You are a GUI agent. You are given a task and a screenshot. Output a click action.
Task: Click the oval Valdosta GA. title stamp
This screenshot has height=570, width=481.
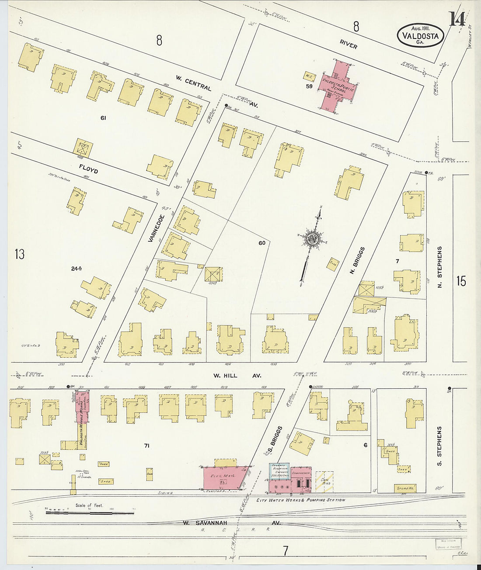[x=420, y=35]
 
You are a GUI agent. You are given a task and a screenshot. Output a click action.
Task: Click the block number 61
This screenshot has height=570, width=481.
[x=103, y=117]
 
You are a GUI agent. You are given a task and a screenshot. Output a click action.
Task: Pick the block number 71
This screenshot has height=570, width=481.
[x=146, y=446]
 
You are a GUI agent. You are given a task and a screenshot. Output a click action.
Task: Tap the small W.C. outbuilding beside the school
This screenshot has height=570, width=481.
[x=309, y=76]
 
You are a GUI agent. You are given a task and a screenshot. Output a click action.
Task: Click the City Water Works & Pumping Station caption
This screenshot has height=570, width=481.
[x=300, y=500]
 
